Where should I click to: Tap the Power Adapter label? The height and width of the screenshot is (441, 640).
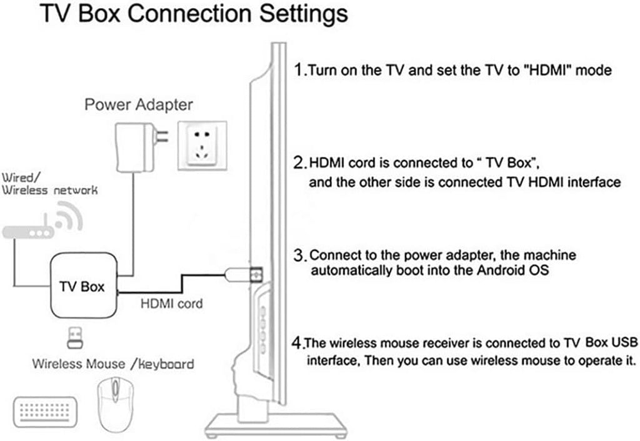coord(139,104)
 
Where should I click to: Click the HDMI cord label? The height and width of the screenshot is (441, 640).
coord(171,304)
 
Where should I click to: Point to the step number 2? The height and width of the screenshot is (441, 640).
coord(299,163)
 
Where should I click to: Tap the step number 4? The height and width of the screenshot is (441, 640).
coord(297,342)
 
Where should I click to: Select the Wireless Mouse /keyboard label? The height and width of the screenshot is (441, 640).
coord(113,364)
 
